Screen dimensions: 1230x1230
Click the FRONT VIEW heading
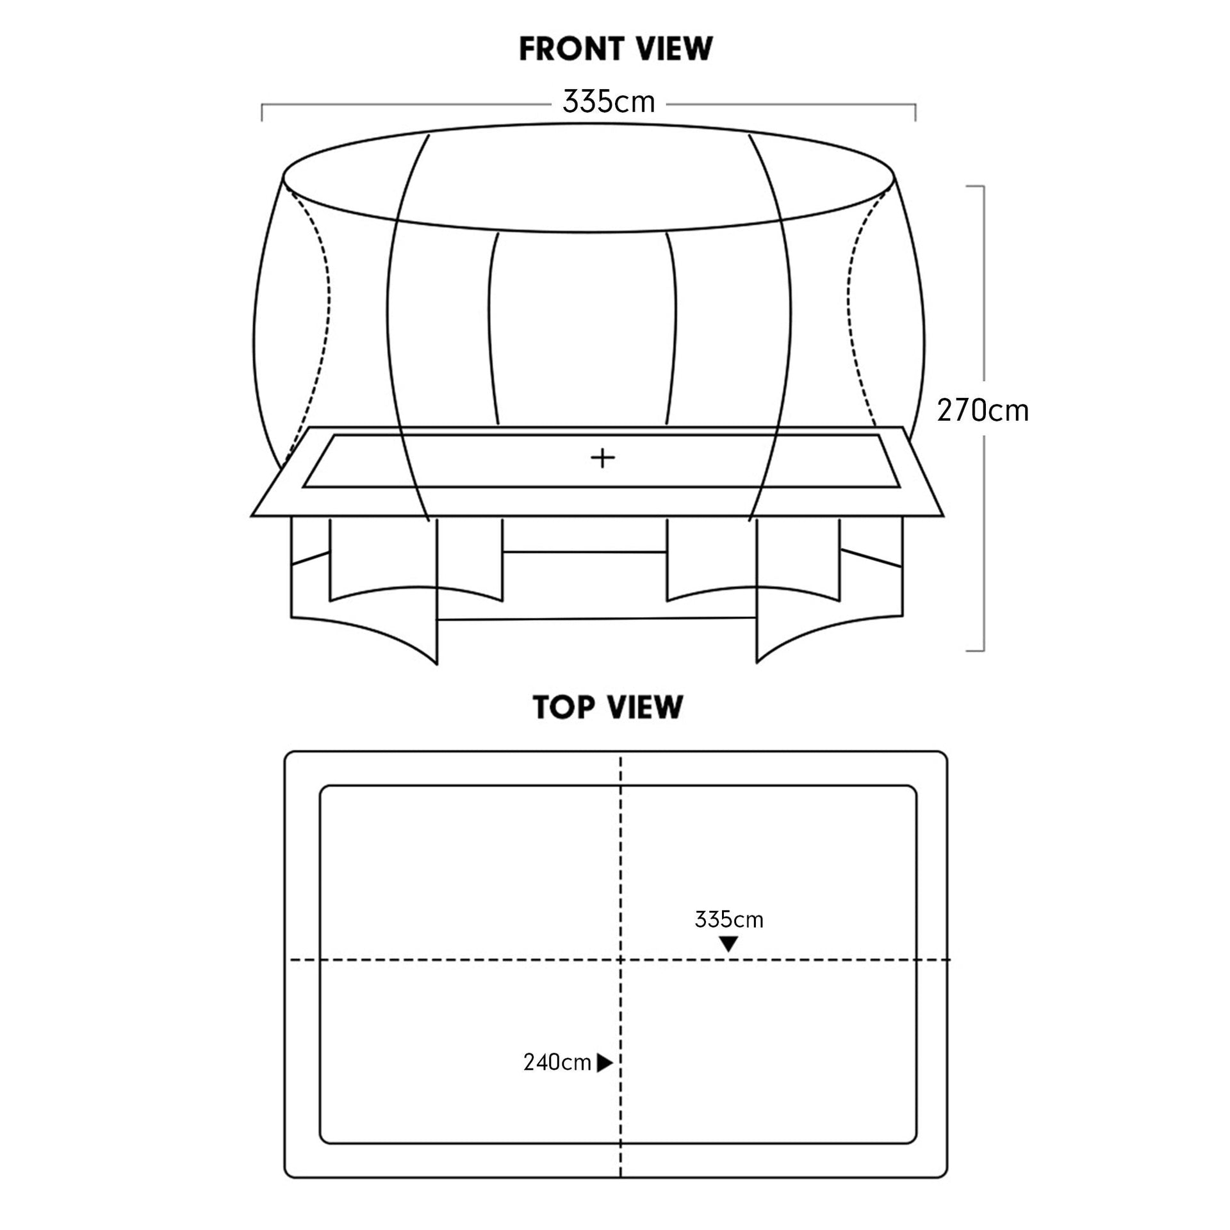(x=615, y=49)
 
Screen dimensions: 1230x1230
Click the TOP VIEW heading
(x=608, y=707)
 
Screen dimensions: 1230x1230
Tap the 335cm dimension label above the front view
(x=609, y=102)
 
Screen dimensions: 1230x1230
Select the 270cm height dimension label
(x=983, y=411)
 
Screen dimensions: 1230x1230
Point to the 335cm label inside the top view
(x=729, y=920)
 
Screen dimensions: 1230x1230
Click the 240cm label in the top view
(x=557, y=1063)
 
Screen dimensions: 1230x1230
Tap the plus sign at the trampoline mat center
(x=602, y=458)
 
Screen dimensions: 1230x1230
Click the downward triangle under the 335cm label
(x=728, y=944)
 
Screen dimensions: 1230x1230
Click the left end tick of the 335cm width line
(x=262, y=112)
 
